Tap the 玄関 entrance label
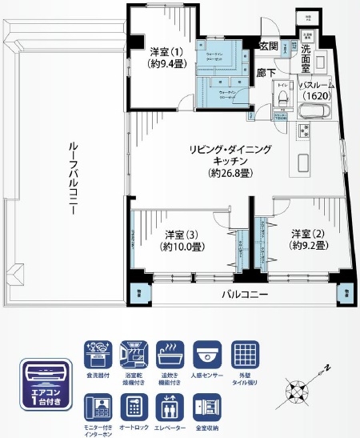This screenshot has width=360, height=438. pyautogui.click(x=269, y=46)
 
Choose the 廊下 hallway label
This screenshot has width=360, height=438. pyautogui.click(x=266, y=74)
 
